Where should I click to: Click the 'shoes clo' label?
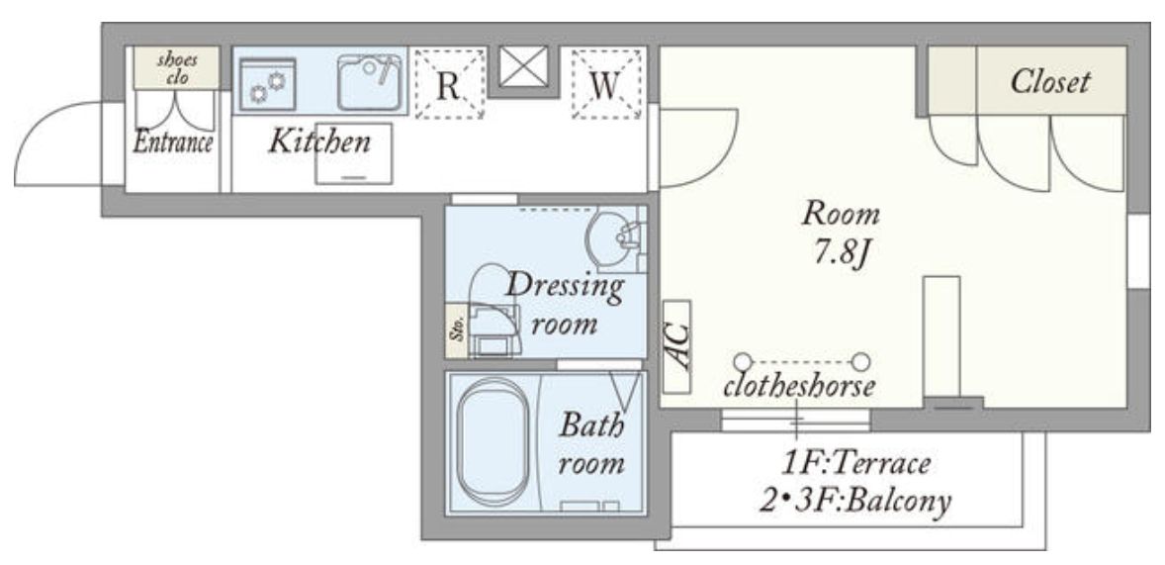177,67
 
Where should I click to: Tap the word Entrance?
173,141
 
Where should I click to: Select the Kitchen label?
319,141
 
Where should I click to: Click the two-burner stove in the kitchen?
267,84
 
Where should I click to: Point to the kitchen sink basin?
369,82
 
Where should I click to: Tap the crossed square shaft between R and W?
523,66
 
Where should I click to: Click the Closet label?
1050,82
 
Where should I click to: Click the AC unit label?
676,346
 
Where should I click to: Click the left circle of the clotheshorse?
743,362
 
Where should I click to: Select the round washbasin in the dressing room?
612,236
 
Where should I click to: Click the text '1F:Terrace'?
855,464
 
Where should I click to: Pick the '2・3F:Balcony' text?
854,501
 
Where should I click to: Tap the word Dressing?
565,287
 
